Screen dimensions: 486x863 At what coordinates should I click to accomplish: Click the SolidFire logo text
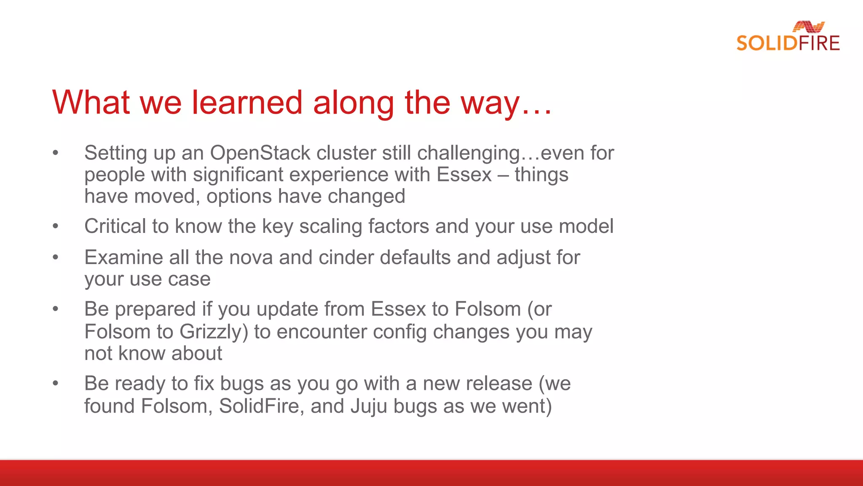(788, 43)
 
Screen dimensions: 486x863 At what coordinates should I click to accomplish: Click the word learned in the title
(247, 103)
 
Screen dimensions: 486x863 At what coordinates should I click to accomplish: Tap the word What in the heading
(91, 103)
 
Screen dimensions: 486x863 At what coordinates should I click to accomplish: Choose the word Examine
(123, 257)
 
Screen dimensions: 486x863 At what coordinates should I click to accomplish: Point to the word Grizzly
(213, 332)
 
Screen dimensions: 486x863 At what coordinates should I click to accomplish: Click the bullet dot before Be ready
(55, 383)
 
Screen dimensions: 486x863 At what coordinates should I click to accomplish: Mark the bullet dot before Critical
(55, 227)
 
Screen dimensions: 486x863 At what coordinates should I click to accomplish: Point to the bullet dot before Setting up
(55, 153)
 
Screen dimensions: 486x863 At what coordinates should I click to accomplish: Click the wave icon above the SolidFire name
(808, 27)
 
